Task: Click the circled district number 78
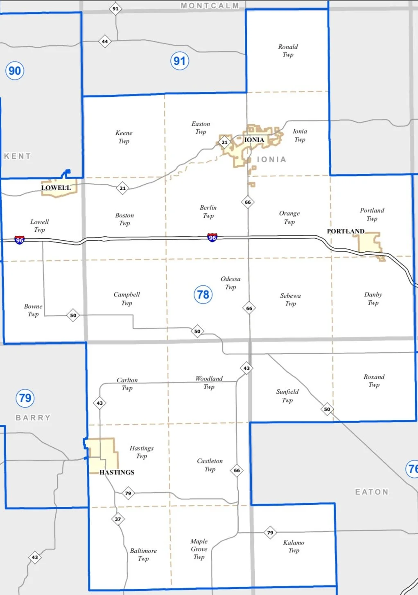[203, 294]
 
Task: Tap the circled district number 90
[15, 71]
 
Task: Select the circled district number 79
[25, 398]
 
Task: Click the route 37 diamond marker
[118, 519]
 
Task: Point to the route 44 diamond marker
[105, 41]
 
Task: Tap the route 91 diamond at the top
[115, 9]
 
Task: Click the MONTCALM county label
[210, 6]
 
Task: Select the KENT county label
[18, 156]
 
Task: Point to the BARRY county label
[33, 418]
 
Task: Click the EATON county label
[372, 492]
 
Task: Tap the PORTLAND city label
[346, 231]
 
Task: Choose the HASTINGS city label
[117, 472]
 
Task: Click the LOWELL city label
[56, 188]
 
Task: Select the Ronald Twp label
[288, 51]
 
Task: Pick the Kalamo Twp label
[294, 546]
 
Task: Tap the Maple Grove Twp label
[199, 549]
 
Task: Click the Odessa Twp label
[230, 283]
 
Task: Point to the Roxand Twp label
[374, 381]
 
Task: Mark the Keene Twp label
[124, 137]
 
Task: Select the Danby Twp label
[373, 299]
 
